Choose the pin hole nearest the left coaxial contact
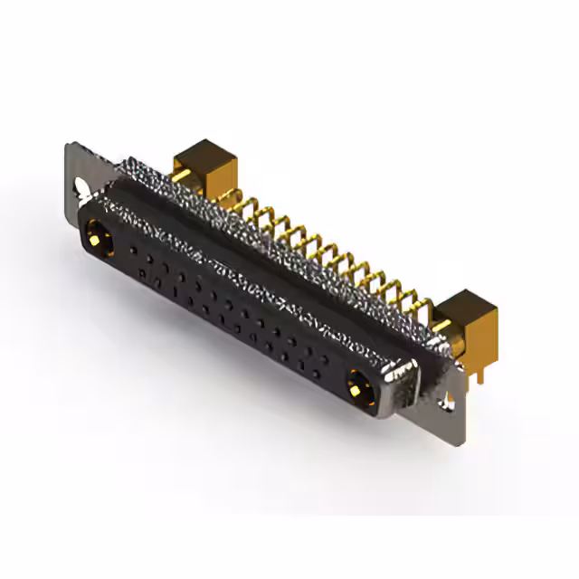click(x=134, y=247)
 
